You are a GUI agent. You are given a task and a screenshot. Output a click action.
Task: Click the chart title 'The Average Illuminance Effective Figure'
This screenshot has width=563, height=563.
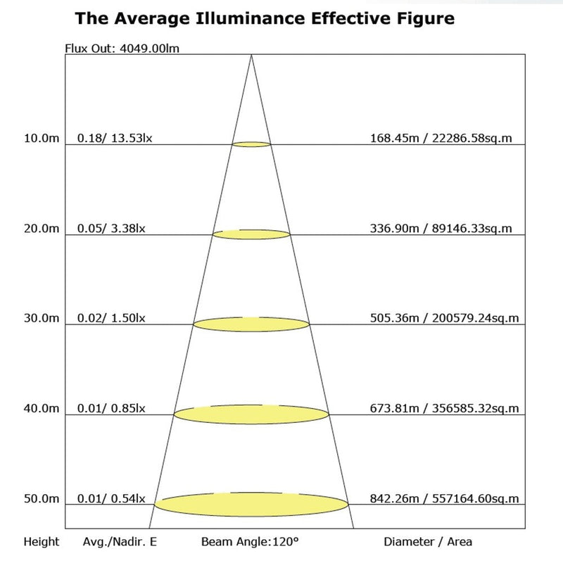265,18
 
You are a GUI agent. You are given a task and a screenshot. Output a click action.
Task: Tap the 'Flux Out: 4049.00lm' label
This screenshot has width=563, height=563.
117,49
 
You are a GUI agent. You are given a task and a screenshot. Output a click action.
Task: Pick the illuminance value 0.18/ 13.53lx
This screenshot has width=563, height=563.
115,138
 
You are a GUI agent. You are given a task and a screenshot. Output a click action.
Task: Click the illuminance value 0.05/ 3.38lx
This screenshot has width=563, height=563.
112,228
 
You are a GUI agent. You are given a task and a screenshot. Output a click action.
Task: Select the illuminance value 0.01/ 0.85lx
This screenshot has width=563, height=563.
112,408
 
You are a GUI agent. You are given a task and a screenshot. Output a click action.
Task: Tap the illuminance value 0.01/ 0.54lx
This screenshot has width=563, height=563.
112,499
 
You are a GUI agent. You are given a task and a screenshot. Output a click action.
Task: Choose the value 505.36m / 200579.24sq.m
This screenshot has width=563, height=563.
445,318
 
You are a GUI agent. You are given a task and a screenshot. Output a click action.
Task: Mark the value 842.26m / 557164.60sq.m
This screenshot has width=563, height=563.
445,499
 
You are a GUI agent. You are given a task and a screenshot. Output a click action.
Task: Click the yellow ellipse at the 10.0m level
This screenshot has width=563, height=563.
251,144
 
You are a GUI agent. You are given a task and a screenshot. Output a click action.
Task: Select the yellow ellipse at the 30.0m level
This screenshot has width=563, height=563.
251,324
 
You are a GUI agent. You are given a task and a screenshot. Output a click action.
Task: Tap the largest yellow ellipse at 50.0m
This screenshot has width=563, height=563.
251,504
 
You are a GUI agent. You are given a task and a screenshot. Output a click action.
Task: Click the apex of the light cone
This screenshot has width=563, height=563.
251,56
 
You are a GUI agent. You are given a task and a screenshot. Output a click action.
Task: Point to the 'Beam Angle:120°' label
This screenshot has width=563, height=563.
250,542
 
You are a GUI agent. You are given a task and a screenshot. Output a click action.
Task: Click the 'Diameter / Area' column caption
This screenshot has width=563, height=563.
428,542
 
